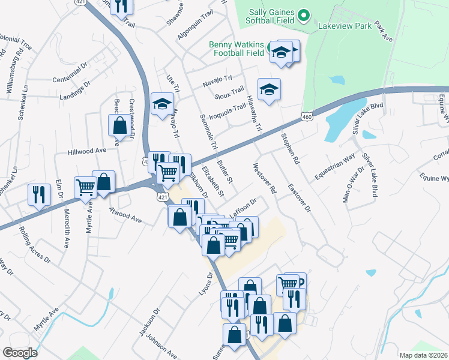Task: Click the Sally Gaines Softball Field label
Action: [x=270, y=16]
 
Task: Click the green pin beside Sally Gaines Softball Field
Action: [x=304, y=15]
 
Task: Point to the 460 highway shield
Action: [x=307, y=116]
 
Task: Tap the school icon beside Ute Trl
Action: [x=161, y=104]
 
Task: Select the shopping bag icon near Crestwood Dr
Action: [x=119, y=125]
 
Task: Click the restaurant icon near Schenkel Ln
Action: [x=38, y=194]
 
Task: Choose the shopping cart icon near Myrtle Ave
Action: [x=85, y=187]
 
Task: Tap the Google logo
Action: [x=20, y=353]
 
